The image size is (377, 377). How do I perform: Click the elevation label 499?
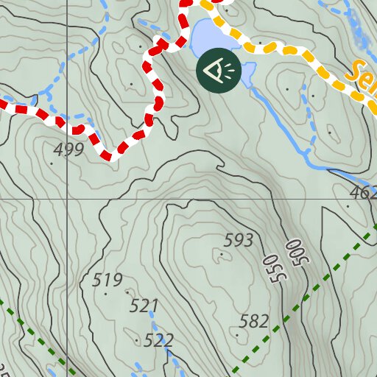[68, 149]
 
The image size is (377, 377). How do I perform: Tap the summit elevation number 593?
[239, 240]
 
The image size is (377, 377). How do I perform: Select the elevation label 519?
[108, 280]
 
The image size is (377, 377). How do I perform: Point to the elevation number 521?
[144, 305]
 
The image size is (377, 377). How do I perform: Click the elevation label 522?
[158, 339]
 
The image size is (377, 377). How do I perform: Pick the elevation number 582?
[254, 321]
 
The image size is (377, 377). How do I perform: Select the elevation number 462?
[362, 193]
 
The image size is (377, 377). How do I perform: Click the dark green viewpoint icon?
[217, 71]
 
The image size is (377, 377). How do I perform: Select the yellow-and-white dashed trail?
[280, 49]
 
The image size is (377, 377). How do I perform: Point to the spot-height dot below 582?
[237, 334]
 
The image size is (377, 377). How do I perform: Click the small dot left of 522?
[138, 341]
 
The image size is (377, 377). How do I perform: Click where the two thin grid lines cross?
[65, 200]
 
